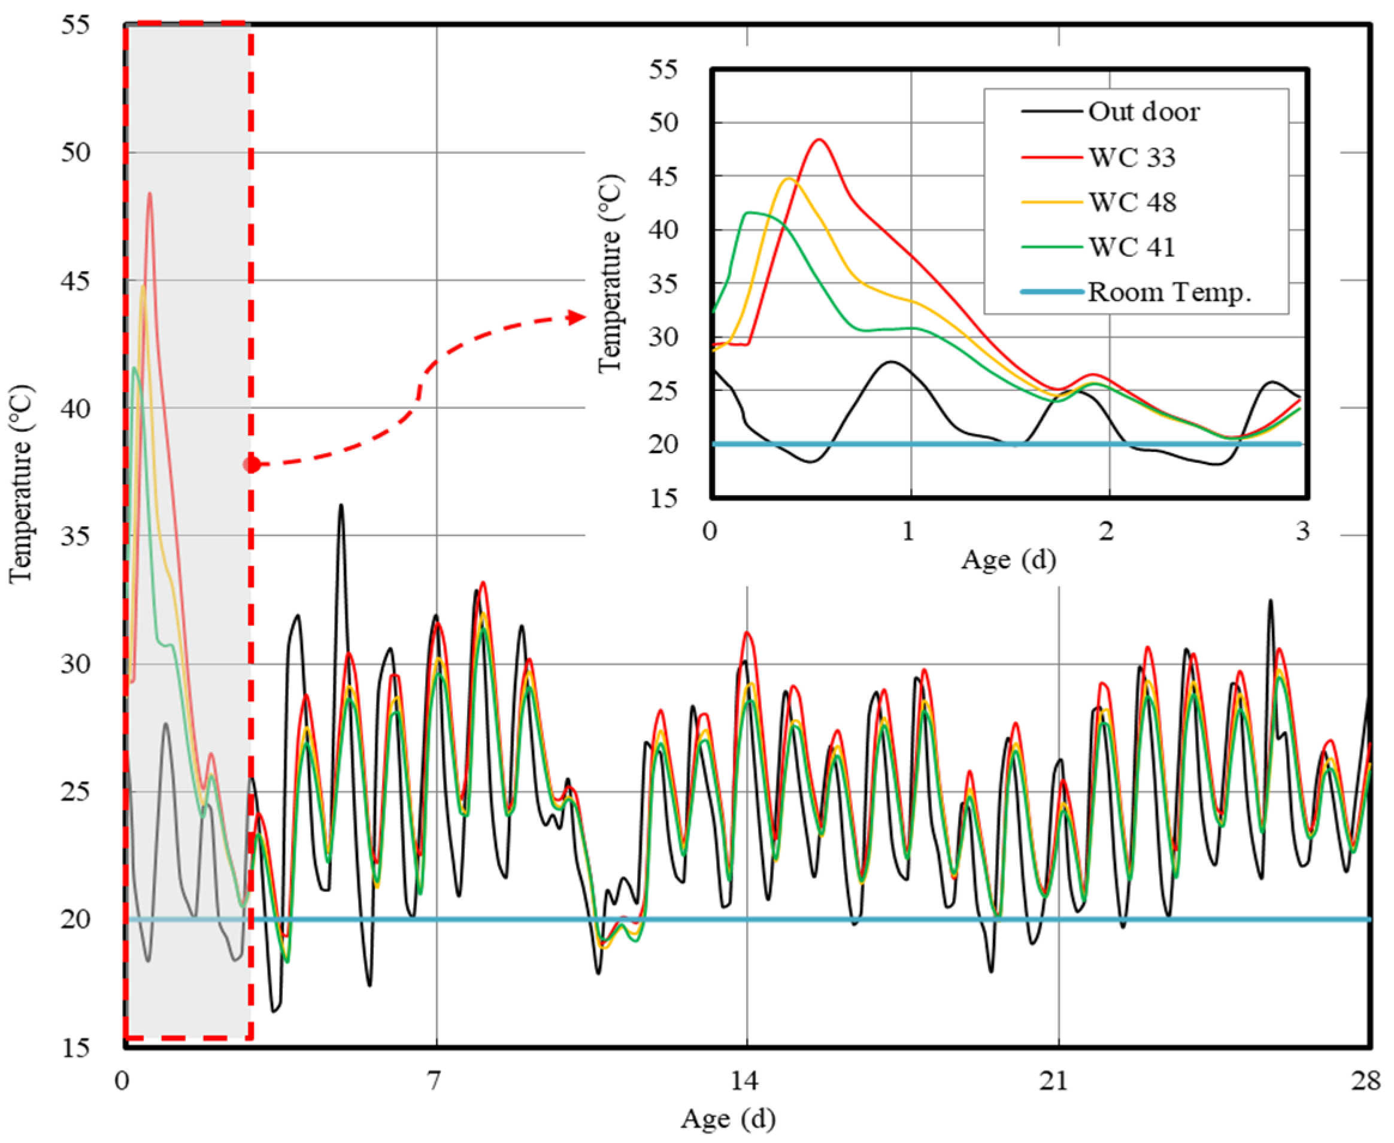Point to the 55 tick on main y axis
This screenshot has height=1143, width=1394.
75,26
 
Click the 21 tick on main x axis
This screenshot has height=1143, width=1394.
1055,1081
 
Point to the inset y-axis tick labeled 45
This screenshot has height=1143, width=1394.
662,177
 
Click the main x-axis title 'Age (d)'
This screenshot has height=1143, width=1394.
728,1118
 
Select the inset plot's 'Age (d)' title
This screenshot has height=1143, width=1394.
1008,560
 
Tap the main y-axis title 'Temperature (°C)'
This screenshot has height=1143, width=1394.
21,484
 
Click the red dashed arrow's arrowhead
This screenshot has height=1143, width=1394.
577,318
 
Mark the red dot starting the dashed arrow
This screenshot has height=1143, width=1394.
251,464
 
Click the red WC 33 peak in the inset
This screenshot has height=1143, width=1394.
819,140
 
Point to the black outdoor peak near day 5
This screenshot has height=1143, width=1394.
341,506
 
